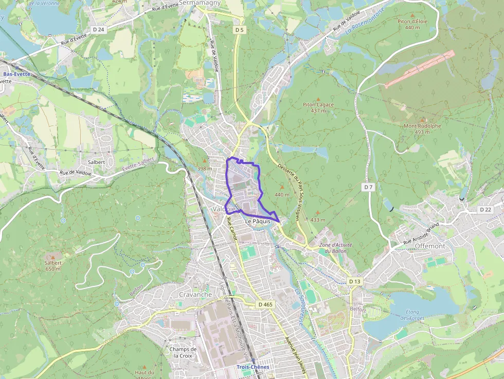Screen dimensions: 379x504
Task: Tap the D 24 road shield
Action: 99,30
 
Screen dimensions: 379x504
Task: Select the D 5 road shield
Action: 239,30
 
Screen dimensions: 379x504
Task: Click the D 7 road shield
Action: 368,187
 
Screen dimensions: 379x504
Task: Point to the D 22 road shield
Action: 485,210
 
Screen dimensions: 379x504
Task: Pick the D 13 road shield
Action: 355,281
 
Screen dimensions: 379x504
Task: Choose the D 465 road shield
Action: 265,304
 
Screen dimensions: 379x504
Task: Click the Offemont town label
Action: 429,246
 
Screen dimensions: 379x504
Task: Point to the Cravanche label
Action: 195,295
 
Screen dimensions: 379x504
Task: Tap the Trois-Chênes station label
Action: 253,367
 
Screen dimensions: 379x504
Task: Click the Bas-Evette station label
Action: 16,74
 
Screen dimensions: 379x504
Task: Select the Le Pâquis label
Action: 258,221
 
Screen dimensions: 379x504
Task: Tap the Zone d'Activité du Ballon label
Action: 333,248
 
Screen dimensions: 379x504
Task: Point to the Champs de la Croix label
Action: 183,352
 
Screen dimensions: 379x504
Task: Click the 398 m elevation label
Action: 205,169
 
